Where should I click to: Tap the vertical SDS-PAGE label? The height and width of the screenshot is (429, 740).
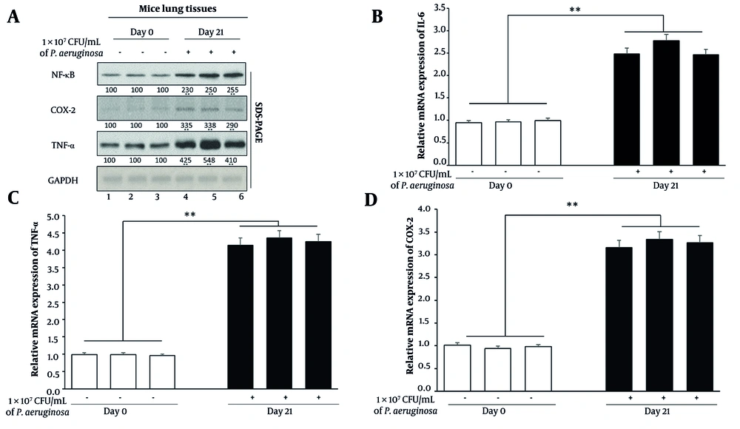[x=258, y=125]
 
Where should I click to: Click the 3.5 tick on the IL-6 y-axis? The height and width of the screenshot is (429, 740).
[x=440, y=8]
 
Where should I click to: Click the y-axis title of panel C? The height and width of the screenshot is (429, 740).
[x=33, y=296]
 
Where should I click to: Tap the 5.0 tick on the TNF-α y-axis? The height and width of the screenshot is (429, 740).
[x=53, y=217]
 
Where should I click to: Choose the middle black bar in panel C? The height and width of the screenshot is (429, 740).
[x=278, y=314]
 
